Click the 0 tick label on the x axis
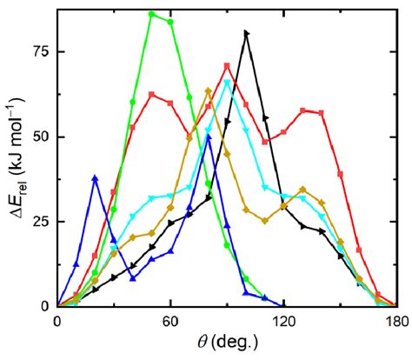[x=57, y=321]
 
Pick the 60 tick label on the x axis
[x=170, y=321]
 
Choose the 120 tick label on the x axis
[x=283, y=321]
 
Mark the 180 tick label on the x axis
[x=396, y=321]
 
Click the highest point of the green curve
[x=151, y=15]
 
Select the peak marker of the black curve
[x=246, y=33]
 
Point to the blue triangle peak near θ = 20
[x=95, y=178]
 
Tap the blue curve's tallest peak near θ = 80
[x=208, y=137]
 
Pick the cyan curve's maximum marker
[x=227, y=83]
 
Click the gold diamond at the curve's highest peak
[x=208, y=91]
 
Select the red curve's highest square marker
[x=227, y=66]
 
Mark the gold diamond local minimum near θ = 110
[x=265, y=221]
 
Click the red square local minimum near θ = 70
[x=189, y=136]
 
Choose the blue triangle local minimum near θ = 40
[x=133, y=278]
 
